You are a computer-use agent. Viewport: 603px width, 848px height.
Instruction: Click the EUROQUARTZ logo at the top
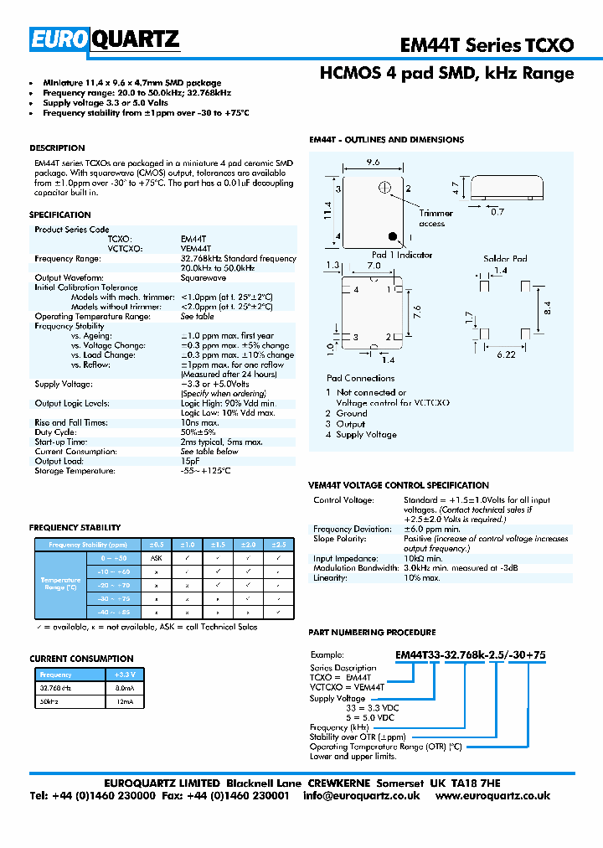(x=105, y=39)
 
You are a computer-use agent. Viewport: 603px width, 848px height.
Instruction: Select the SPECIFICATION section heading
(x=60, y=215)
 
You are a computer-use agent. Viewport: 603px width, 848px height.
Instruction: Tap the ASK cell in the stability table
(x=156, y=557)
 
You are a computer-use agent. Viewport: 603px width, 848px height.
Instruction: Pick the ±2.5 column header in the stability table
(x=278, y=544)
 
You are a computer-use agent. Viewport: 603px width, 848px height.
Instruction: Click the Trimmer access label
(x=435, y=219)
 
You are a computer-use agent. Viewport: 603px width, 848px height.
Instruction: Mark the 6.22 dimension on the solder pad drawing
(x=505, y=355)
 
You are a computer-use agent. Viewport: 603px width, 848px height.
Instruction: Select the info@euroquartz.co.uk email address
(x=361, y=795)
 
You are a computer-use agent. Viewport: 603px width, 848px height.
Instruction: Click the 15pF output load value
(x=190, y=461)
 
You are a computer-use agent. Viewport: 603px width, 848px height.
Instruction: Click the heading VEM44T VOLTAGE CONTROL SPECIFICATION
(x=399, y=485)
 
